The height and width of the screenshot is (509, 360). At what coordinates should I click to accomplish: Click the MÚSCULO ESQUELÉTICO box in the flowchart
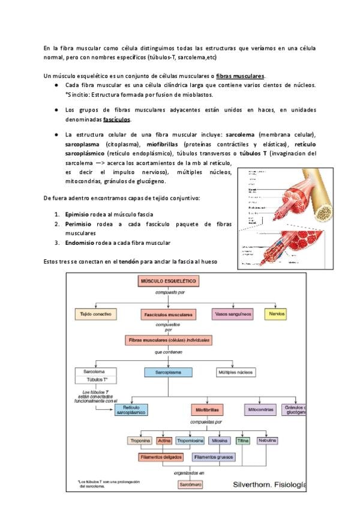click(168, 281)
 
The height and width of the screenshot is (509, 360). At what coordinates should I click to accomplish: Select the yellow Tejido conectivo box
click(95, 314)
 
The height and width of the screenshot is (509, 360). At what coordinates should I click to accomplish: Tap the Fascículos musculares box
click(168, 315)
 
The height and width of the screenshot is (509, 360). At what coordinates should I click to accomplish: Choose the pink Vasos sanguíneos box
click(233, 314)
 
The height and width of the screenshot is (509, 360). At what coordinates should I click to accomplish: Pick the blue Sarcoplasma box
click(168, 372)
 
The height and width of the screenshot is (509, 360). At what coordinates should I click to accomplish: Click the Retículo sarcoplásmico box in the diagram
click(131, 410)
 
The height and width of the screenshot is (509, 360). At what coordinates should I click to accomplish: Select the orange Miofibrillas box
click(208, 411)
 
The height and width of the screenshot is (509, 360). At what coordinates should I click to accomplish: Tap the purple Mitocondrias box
click(261, 410)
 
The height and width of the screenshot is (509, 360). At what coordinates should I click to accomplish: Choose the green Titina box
click(242, 441)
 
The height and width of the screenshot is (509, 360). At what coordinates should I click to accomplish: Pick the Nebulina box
click(268, 441)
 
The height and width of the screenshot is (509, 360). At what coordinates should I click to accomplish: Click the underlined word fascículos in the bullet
click(116, 119)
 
